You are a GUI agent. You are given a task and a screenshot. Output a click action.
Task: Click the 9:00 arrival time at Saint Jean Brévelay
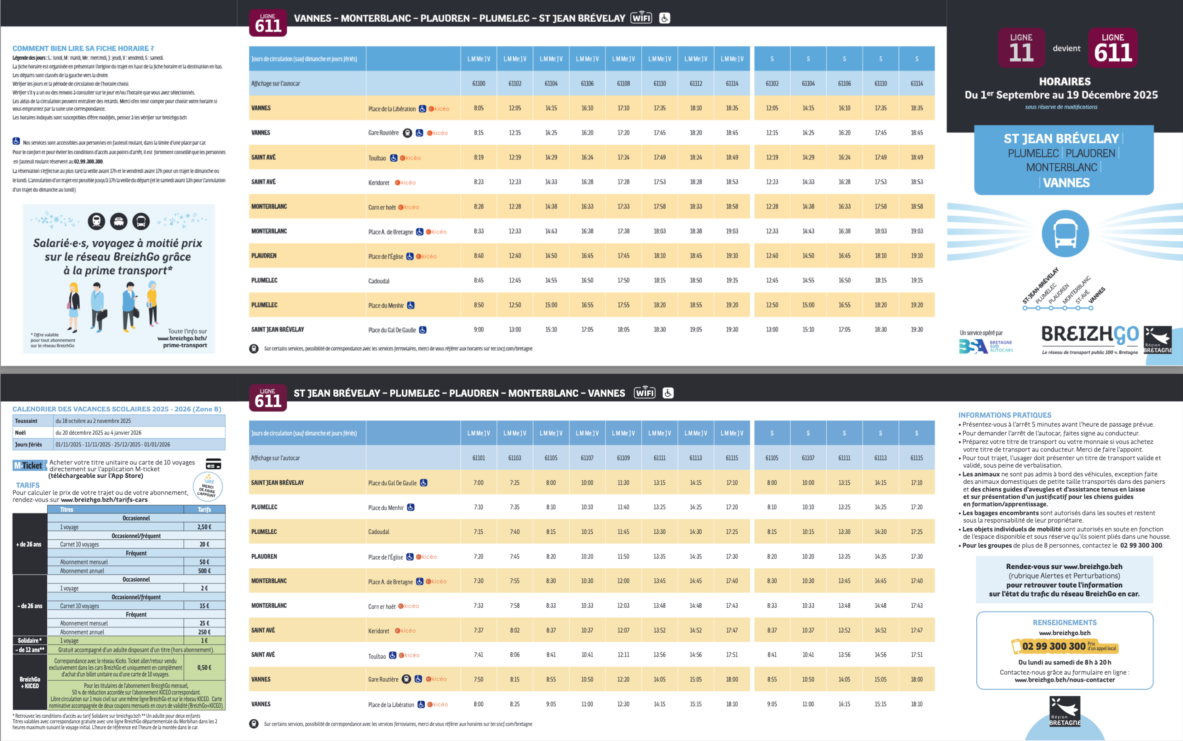point(478,330)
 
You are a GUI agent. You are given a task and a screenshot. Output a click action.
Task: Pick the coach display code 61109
point(623,458)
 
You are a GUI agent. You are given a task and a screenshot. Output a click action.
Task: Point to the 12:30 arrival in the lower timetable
point(623,704)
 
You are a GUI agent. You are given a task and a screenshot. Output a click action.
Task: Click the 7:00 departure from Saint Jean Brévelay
point(478,483)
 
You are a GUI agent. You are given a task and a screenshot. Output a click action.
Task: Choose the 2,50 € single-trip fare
point(204,527)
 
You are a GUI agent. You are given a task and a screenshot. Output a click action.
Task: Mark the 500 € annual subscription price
point(204,571)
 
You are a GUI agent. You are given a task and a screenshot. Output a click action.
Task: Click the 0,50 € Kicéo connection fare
point(204,668)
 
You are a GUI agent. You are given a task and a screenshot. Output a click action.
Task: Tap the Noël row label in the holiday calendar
point(21,433)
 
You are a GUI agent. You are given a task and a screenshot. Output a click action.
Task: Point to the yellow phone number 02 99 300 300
point(1054,646)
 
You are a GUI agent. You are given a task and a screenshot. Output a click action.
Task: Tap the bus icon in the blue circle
point(1065,234)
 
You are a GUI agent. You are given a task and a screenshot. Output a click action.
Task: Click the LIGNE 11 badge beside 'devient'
point(1021,48)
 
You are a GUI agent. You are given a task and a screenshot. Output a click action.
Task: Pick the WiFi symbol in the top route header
point(641,18)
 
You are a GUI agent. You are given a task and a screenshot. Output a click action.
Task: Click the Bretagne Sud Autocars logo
point(985,346)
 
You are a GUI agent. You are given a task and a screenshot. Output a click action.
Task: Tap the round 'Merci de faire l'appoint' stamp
point(208,487)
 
